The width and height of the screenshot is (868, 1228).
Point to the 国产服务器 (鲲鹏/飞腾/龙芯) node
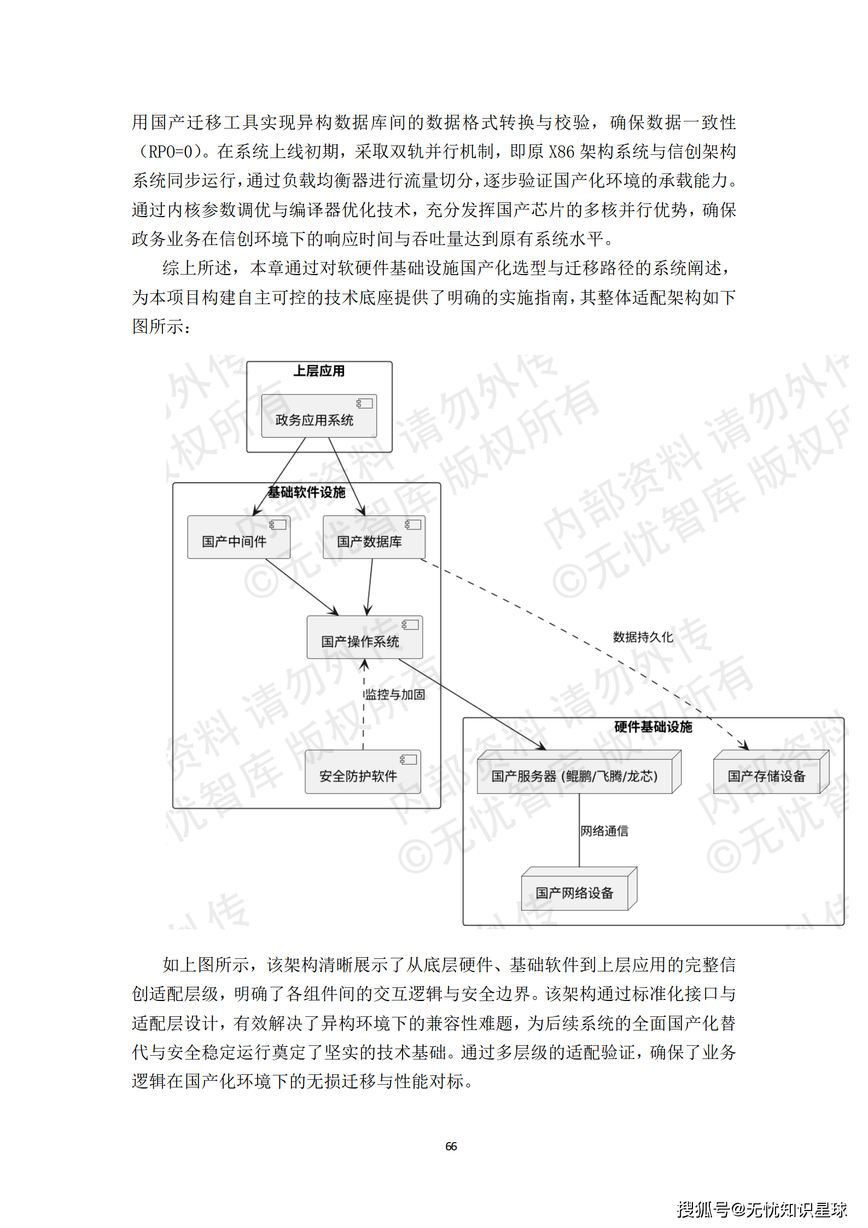click(575, 776)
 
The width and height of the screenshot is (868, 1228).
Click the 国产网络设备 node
click(575, 893)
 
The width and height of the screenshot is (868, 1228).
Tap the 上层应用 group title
click(319, 371)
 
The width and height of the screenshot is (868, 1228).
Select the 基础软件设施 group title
click(306, 492)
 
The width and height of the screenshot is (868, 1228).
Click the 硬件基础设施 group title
click(653, 727)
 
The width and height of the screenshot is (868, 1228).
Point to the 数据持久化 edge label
click(643, 637)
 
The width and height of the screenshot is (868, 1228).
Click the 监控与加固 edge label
click(395, 695)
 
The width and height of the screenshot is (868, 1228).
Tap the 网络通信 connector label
click(604, 831)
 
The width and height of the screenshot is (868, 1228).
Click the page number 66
click(451, 1146)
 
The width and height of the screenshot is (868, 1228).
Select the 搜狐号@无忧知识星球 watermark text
click(761, 1209)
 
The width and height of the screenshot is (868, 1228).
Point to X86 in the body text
click(561, 152)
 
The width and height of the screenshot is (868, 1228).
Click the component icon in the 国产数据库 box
click(412, 525)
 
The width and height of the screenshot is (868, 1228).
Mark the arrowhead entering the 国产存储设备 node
click(744, 746)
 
